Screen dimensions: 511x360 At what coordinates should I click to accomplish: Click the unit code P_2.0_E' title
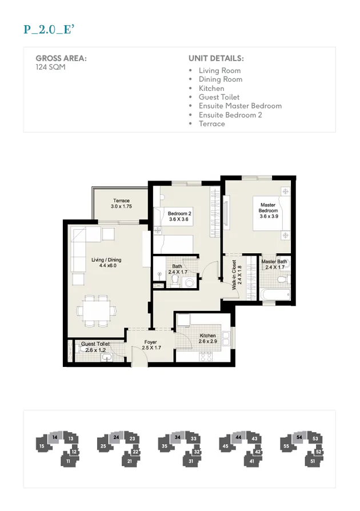(49, 30)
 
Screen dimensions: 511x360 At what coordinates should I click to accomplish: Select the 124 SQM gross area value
(50, 67)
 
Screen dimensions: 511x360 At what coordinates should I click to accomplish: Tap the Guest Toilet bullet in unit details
(219, 97)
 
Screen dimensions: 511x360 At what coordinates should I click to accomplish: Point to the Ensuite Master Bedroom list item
(240, 106)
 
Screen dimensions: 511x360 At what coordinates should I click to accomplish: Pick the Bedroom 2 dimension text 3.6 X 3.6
(179, 219)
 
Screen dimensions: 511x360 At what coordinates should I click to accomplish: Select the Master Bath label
(274, 264)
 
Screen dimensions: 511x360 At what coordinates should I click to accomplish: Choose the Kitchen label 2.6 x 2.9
(207, 338)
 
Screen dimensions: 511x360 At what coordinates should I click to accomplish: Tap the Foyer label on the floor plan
(151, 345)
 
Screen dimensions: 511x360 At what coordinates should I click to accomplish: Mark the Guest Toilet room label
(95, 346)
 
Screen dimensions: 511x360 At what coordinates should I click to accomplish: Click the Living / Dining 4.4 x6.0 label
(106, 262)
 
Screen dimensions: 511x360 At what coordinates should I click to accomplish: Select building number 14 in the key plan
(55, 437)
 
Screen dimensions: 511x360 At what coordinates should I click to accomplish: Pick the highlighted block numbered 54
(299, 437)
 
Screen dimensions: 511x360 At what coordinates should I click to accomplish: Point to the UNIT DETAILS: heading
(216, 58)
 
